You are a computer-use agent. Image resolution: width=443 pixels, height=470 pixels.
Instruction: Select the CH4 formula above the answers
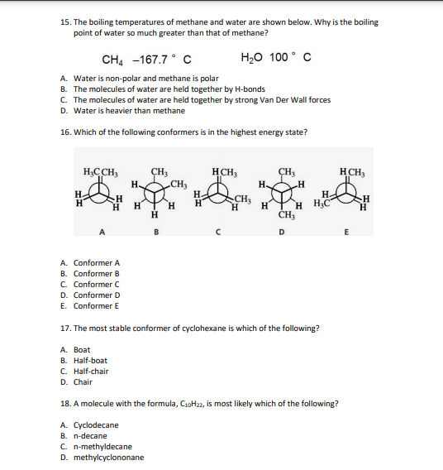[111, 59]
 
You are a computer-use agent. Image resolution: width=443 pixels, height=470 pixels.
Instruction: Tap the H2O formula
[251, 58]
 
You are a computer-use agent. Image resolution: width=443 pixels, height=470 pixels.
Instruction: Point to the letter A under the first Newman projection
[102, 232]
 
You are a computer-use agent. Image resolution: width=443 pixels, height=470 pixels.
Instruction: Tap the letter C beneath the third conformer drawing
[217, 232]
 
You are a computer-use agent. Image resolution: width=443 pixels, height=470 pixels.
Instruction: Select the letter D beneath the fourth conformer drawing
[282, 232]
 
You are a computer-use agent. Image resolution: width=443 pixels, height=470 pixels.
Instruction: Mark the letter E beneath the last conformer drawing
[348, 232]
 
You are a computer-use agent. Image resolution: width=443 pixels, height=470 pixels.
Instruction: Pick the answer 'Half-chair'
[90, 372]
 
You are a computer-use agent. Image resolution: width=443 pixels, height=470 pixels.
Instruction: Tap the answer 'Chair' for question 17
[83, 382]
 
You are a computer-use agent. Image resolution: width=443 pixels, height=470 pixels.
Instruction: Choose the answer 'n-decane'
[91, 436]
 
